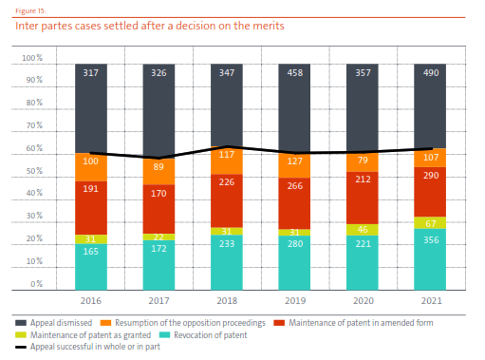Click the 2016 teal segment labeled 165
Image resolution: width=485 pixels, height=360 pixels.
(90, 266)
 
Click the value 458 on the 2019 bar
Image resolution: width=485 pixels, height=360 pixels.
(293, 72)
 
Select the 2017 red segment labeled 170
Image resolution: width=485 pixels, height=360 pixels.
(158, 205)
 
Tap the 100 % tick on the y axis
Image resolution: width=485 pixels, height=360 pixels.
(32, 60)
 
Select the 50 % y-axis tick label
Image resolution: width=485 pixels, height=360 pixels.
(32, 172)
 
